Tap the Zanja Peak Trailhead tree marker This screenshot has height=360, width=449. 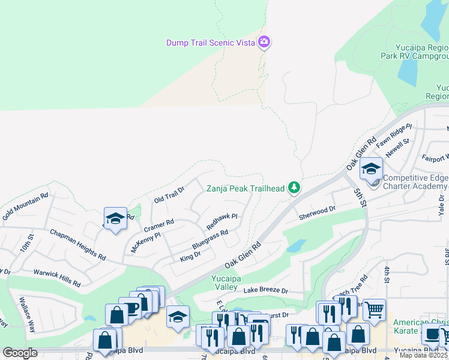(294, 188)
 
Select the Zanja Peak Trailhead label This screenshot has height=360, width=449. (246, 188)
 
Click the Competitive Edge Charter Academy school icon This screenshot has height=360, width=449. (371, 170)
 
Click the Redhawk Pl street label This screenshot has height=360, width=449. (222, 221)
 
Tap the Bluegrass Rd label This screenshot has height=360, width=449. (210, 239)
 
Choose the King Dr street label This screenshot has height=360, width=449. (190, 257)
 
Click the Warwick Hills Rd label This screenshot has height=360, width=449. (56, 276)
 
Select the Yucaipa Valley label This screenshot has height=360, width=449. (228, 282)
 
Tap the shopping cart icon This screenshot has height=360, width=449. (374, 311)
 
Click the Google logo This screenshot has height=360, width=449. (20, 353)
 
